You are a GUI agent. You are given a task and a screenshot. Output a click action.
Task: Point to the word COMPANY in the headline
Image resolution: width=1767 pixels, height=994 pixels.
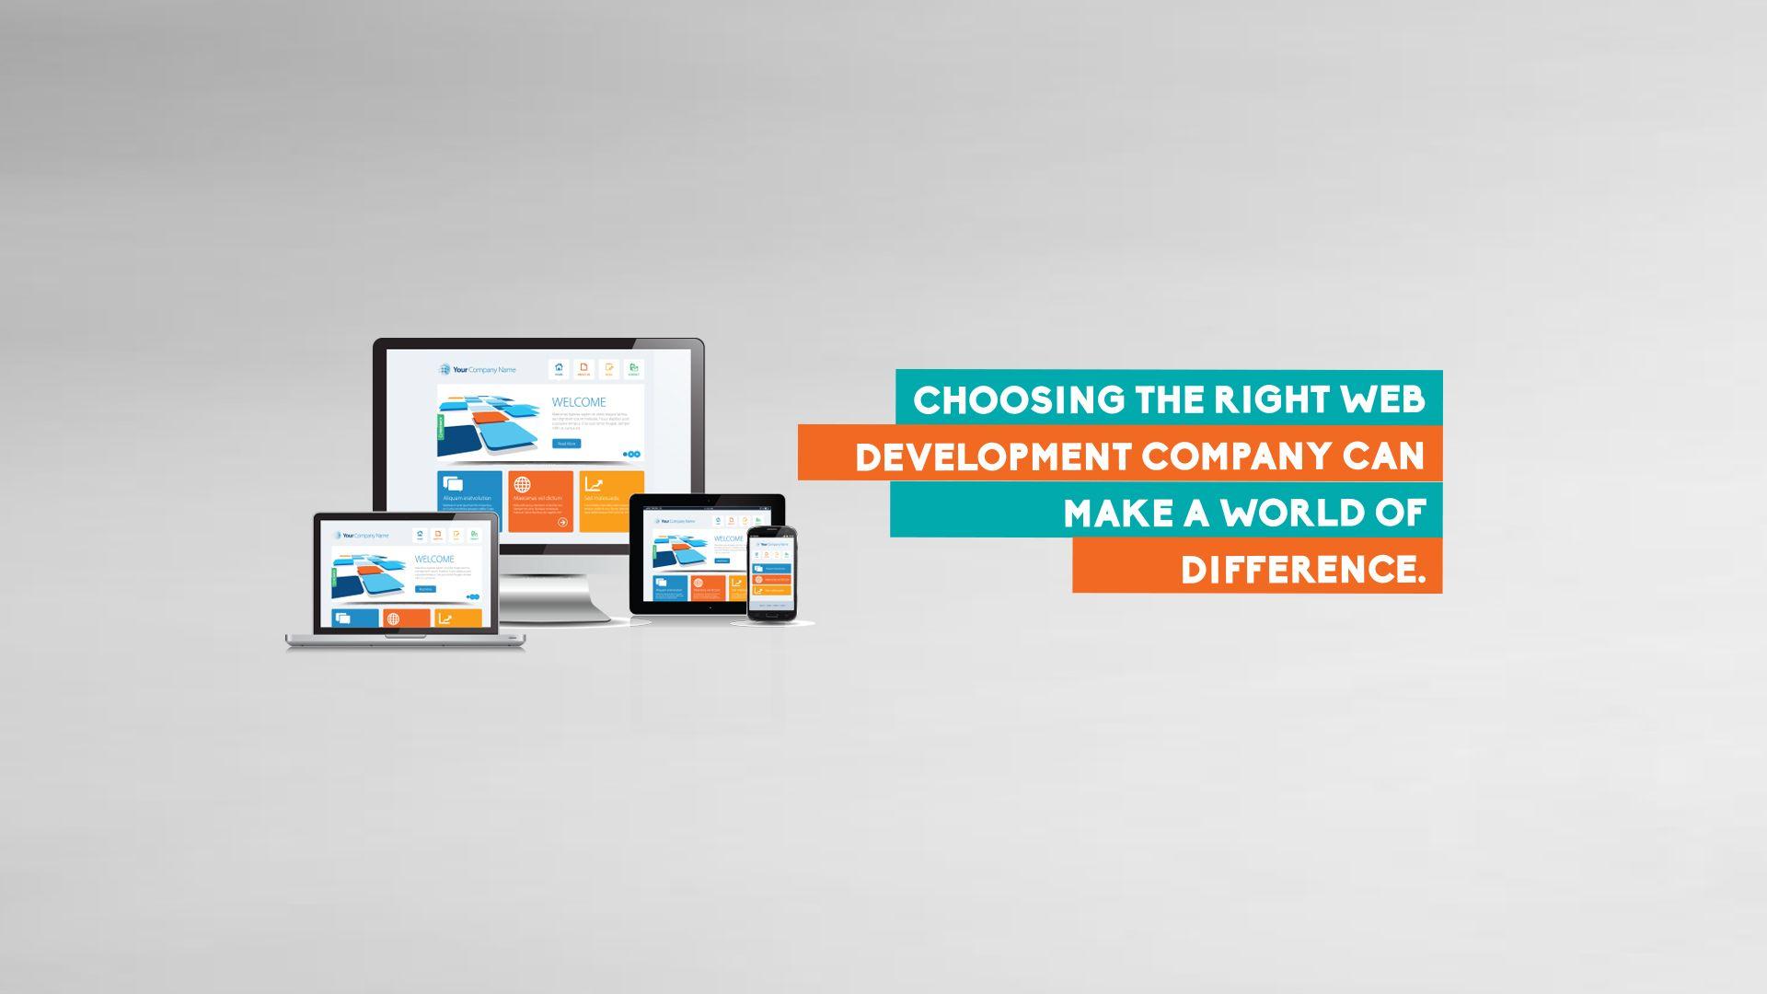pyautogui.click(x=1236, y=457)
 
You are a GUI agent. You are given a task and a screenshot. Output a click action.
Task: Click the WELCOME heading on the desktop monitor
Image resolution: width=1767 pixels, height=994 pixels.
pyautogui.click(x=578, y=402)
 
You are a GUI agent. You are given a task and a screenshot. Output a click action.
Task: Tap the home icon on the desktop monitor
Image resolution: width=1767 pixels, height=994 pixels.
pyautogui.click(x=559, y=368)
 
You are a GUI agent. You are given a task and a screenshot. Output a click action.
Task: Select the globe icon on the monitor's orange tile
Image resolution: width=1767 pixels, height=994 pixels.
pyautogui.click(x=522, y=485)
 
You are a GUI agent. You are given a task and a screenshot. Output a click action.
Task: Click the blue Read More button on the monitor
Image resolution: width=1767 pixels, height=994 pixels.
pyautogui.click(x=566, y=444)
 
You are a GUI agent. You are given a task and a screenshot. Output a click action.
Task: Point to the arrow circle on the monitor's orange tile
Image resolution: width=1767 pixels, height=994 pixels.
pyautogui.click(x=562, y=522)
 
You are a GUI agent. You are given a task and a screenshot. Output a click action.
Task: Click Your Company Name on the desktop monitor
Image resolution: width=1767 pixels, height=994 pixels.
pyautogui.click(x=478, y=370)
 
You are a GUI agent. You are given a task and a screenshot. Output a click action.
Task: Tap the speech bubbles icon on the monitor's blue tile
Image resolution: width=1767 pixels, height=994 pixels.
pyautogui.click(x=452, y=484)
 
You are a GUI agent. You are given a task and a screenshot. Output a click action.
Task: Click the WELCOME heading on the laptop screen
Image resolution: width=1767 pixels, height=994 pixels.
pyautogui.click(x=434, y=559)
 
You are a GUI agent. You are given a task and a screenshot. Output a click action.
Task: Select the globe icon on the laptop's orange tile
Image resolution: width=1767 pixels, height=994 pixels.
pyautogui.click(x=394, y=618)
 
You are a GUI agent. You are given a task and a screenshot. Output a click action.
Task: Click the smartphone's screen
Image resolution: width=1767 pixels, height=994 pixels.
pyautogui.click(x=771, y=572)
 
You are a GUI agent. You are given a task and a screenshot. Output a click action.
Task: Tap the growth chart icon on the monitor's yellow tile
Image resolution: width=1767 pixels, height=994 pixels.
pyautogui.click(x=594, y=484)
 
